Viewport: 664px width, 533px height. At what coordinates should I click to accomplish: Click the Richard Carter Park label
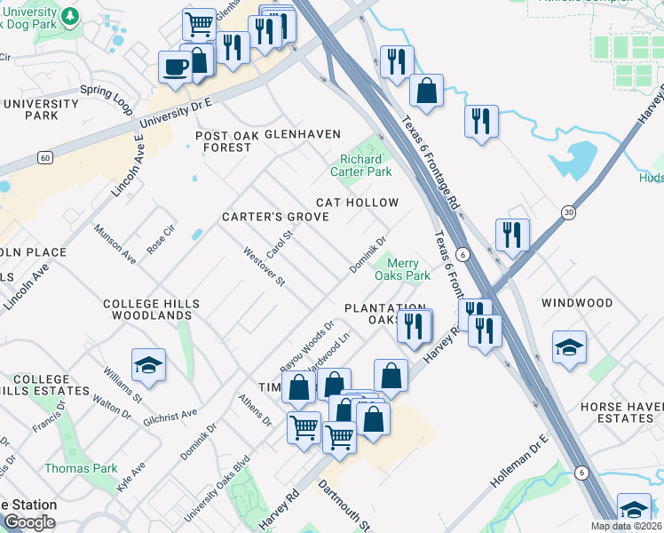click(x=361, y=164)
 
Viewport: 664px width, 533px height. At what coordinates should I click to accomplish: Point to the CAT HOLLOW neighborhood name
click(x=358, y=203)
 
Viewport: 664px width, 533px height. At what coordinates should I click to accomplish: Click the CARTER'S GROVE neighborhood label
click(x=275, y=217)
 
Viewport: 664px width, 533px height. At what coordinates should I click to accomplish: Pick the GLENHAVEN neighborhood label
click(x=304, y=134)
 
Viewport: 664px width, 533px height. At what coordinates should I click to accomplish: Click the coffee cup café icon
click(x=173, y=67)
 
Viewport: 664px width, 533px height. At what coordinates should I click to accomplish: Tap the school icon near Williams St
click(x=149, y=364)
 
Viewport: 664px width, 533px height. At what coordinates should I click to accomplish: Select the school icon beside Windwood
click(x=569, y=346)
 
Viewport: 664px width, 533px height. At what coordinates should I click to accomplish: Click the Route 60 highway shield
click(x=43, y=157)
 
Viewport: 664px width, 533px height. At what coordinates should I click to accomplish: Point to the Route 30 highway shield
click(x=568, y=212)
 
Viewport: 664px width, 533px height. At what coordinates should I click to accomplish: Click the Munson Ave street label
click(x=116, y=245)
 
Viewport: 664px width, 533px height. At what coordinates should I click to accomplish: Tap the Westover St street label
click(x=264, y=266)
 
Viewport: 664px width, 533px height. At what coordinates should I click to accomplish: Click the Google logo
click(x=29, y=521)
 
